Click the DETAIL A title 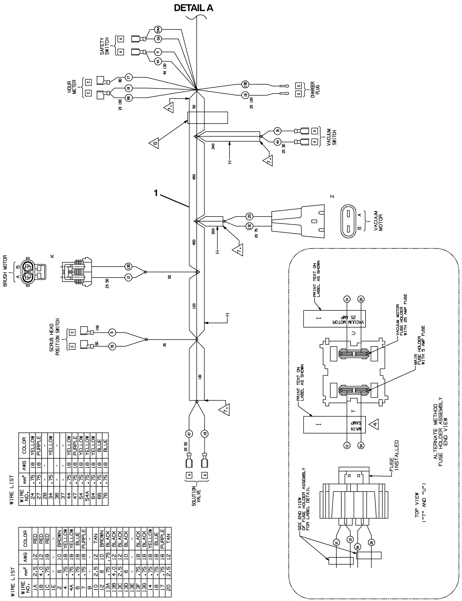click(x=193, y=8)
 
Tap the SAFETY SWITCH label click(x=105, y=46)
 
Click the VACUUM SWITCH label click(x=331, y=137)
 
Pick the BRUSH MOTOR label click(x=5, y=271)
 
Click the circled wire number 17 click(x=129, y=77)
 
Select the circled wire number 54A click(x=159, y=29)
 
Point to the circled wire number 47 click(x=189, y=433)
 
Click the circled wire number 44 click(x=277, y=142)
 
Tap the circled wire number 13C click(x=249, y=226)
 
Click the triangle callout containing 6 click(x=154, y=143)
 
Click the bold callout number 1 click(x=156, y=193)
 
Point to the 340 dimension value click(x=213, y=147)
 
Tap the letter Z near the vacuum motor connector click(x=332, y=196)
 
